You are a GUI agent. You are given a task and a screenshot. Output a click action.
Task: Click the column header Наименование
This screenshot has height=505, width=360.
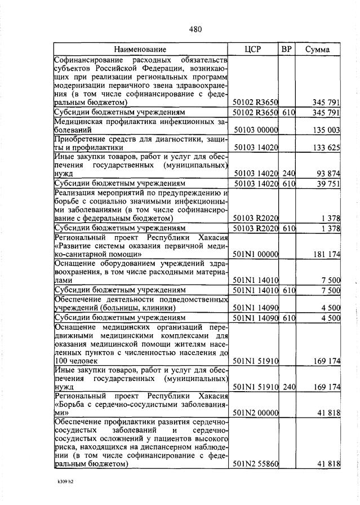pyautogui.click(x=143, y=50)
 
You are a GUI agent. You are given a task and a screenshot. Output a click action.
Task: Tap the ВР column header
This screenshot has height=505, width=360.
pyautogui.click(x=286, y=49)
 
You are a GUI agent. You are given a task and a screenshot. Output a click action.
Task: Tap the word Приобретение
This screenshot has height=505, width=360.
pyautogui.click(x=80, y=139)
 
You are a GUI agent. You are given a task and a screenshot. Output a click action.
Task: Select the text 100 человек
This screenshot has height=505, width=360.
pyautogui.click(x=76, y=360)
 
